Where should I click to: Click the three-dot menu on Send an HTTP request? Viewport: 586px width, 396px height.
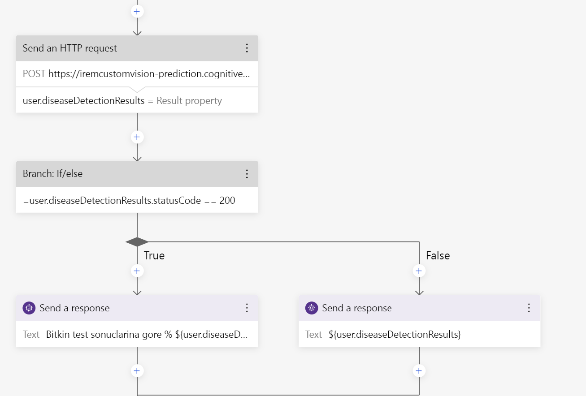(247, 48)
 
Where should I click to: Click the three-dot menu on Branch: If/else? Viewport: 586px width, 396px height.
(247, 174)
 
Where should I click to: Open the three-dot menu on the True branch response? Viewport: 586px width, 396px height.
(247, 308)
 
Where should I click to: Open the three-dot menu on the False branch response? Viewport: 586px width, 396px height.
(529, 308)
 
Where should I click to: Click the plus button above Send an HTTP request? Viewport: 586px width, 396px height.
(137, 11)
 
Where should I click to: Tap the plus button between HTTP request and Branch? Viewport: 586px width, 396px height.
(137, 137)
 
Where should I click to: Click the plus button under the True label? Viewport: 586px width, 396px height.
(137, 271)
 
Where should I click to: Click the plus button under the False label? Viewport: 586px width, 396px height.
(419, 271)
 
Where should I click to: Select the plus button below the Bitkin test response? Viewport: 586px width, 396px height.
(137, 370)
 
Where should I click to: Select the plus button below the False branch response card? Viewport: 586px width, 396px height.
(419, 370)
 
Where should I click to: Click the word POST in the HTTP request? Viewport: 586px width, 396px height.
(34, 74)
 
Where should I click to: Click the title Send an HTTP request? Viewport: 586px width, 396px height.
(70, 48)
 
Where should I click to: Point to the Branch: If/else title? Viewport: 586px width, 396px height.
(53, 174)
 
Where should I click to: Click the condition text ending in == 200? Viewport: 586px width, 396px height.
(129, 200)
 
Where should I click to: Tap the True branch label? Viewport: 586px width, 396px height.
(154, 255)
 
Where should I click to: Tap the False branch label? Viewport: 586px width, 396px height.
(438, 255)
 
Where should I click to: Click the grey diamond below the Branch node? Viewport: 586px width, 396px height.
(137, 242)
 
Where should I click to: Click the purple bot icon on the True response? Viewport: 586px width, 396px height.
(29, 308)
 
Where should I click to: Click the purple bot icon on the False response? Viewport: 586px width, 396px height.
(312, 308)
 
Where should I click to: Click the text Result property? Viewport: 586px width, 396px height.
(189, 101)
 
